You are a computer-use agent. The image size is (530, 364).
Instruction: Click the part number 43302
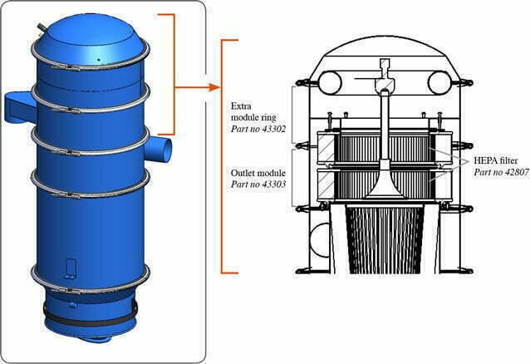pyautogui.click(x=272, y=129)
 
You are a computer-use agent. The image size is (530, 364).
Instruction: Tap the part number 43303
pyautogui.click(x=272, y=184)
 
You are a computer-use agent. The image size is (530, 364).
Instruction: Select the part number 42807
pyautogui.click(x=515, y=172)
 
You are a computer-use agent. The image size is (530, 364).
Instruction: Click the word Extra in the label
pyautogui.click(x=241, y=106)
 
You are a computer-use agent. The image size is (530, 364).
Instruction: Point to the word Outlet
pyautogui.click(x=243, y=173)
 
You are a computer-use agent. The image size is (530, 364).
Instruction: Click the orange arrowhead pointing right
pyautogui.click(x=214, y=87)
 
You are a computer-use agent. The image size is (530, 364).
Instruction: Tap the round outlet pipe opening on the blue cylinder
pyautogui.click(x=165, y=148)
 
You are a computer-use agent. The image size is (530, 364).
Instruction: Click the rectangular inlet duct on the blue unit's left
pyautogui.click(x=20, y=107)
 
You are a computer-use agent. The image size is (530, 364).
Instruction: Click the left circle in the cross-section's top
pyautogui.click(x=330, y=82)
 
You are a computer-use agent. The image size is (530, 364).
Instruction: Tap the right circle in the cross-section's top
pyautogui.click(x=439, y=82)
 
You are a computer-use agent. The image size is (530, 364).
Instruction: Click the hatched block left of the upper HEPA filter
pyautogui.click(x=326, y=149)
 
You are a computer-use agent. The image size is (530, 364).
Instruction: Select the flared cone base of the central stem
pyautogui.click(x=385, y=188)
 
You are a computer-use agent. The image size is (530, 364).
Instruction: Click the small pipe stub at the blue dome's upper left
pyautogui.click(x=42, y=28)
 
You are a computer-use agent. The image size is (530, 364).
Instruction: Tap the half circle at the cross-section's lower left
pyautogui.click(x=320, y=240)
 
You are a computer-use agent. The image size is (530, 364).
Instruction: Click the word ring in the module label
pyautogui.click(x=269, y=118)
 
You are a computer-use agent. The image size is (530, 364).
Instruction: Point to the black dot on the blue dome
pyautogui.click(x=98, y=60)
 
